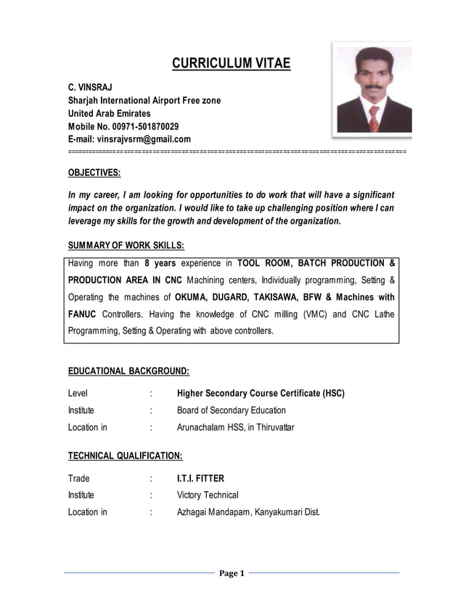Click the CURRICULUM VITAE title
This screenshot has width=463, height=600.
tap(231, 64)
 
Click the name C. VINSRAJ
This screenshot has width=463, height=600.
tap(90, 86)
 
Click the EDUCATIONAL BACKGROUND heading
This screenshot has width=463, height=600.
tap(128, 370)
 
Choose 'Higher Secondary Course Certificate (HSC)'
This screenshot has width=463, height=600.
tap(261, 394)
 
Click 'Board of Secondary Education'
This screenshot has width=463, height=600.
tap(231, 410)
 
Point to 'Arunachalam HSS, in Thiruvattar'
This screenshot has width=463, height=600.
tap(236, 427)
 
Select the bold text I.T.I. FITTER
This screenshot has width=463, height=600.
tap(201, 479)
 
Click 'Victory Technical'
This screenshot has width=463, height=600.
tap(208, 495)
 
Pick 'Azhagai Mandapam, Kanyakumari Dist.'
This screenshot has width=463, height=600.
tap(248, 512)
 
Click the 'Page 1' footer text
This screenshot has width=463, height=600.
tap(231, 573)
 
